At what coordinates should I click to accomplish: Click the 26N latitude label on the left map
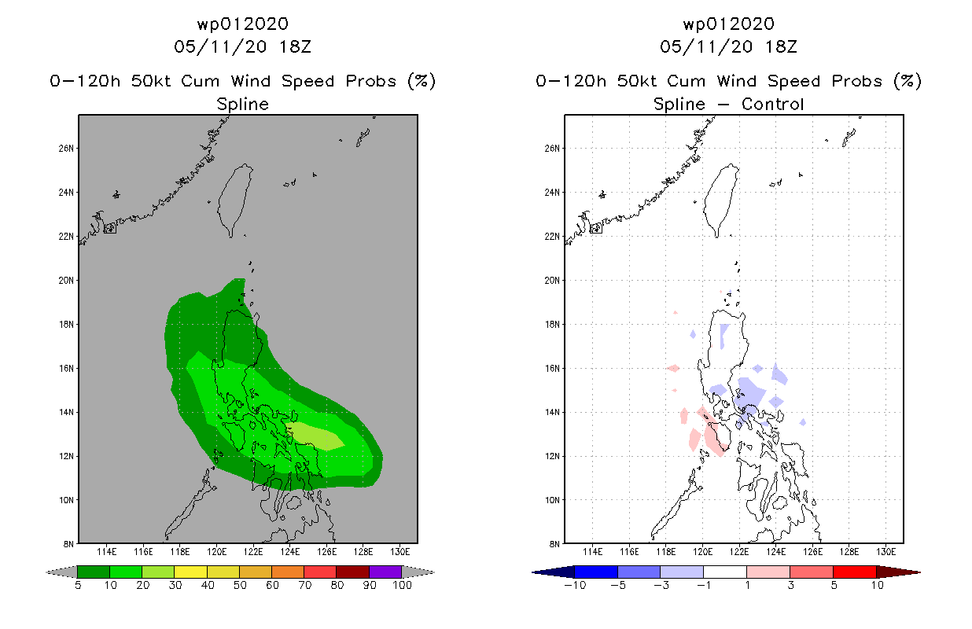point(66,149)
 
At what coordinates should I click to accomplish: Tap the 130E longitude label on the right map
point(885,552)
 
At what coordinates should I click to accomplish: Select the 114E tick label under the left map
point(107,552)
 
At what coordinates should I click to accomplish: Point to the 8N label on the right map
point(554,544)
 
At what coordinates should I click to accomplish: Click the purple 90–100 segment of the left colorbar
point(385,572)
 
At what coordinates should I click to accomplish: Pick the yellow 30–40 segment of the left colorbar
point(191,572)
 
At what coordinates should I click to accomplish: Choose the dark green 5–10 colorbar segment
point(94,572)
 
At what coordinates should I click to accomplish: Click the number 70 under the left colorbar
point(304,585)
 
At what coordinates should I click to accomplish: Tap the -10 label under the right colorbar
point(575,585)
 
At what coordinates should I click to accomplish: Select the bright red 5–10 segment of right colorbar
point(855,572)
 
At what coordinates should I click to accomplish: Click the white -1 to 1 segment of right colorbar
point(725,572)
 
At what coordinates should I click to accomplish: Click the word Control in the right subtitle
point(773,104)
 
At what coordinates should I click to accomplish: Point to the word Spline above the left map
point(242,105)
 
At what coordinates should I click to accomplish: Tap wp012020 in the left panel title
point(242,24)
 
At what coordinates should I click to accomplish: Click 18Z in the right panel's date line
point(781,46)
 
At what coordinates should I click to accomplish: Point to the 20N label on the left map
point(66,281)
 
